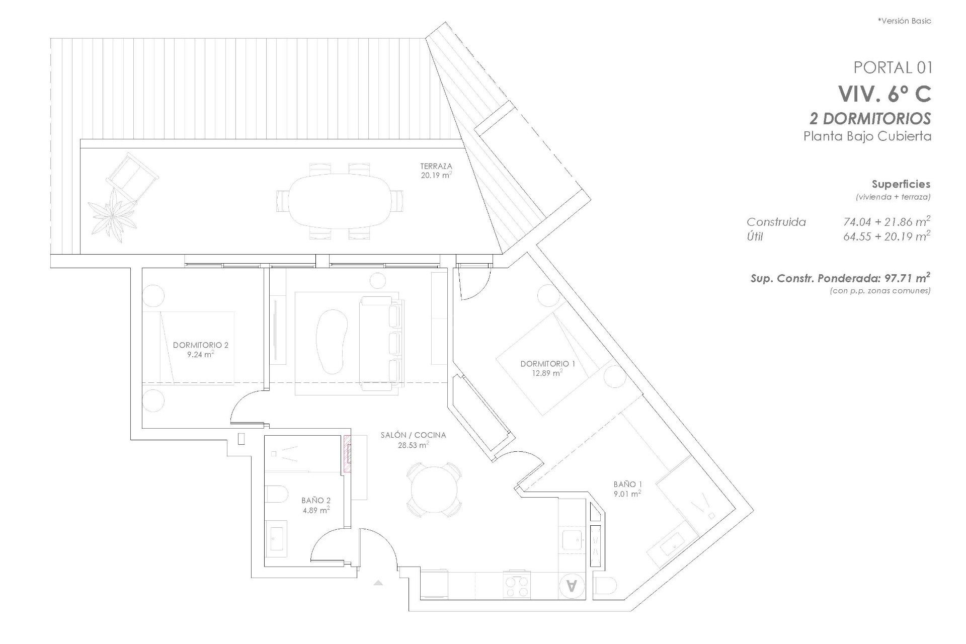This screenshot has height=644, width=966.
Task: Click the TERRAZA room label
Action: click(436, 166)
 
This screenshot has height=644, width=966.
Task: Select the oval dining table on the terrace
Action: click(340, 201)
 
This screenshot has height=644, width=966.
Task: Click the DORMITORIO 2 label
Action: click(200, 345)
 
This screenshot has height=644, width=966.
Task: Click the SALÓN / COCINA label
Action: click(413, 435)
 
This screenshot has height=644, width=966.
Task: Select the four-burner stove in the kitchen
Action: click(517, 586)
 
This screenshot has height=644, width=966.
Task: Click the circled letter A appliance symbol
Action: click(572, 586)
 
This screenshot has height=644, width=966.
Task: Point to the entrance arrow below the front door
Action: click(378, 583)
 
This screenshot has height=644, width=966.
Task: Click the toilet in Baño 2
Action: click(276, 494)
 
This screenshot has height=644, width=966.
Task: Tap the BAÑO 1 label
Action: click(627, 484)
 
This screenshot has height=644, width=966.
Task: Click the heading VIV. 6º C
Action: click(884, 94)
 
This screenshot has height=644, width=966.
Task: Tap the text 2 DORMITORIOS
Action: click(870, 119)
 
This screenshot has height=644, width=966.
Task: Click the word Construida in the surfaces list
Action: click(776, 222)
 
